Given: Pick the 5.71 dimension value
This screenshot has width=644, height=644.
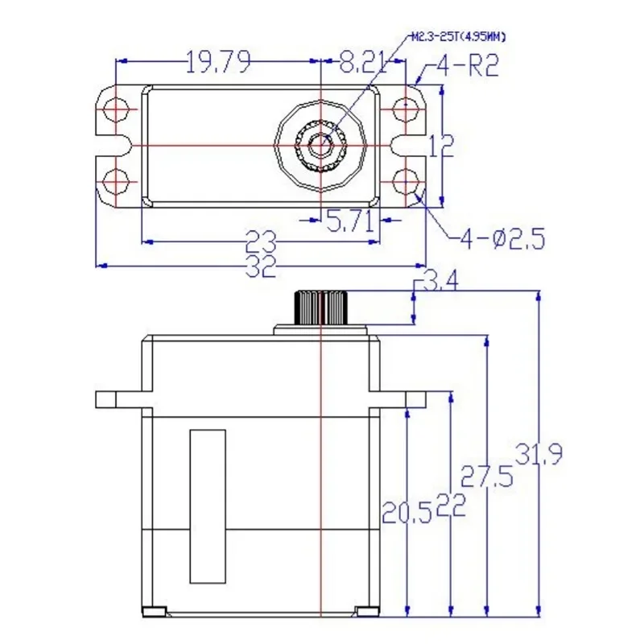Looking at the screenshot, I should click(x=351, y=224).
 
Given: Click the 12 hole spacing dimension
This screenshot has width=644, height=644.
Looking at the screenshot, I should click(x=441, y=146).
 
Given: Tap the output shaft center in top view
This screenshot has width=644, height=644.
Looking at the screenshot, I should click(x=322, y=146).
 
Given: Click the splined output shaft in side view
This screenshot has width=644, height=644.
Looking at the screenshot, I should click(x=322, y=308).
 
